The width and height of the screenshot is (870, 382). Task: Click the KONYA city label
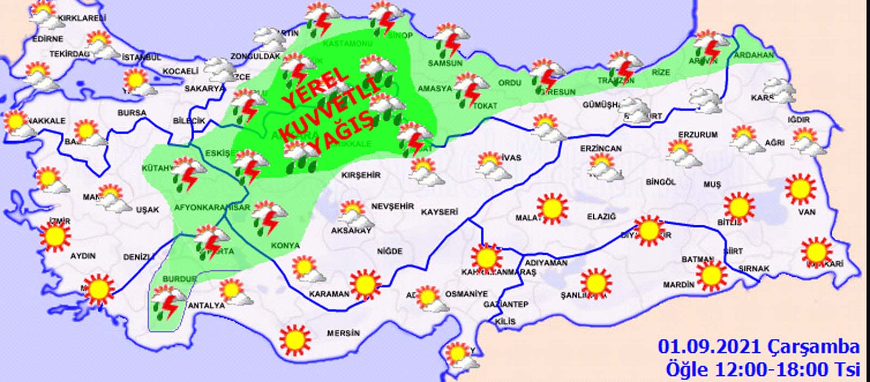[285, 245]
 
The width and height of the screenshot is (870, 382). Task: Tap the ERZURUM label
[698, 134]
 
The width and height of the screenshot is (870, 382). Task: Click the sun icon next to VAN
[800, 189]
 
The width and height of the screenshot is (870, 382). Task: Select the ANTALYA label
[206, 305]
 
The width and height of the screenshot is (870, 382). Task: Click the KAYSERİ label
[439, 212]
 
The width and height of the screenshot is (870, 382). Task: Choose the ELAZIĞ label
[601, 217]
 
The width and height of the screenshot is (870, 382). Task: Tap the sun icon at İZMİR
[55, 237]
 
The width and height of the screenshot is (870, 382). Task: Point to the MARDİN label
[679, 284]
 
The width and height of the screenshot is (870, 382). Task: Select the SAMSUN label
[445, 63]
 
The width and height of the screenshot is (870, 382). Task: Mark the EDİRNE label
[48, 39]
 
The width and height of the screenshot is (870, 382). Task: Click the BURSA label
[132, 113]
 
